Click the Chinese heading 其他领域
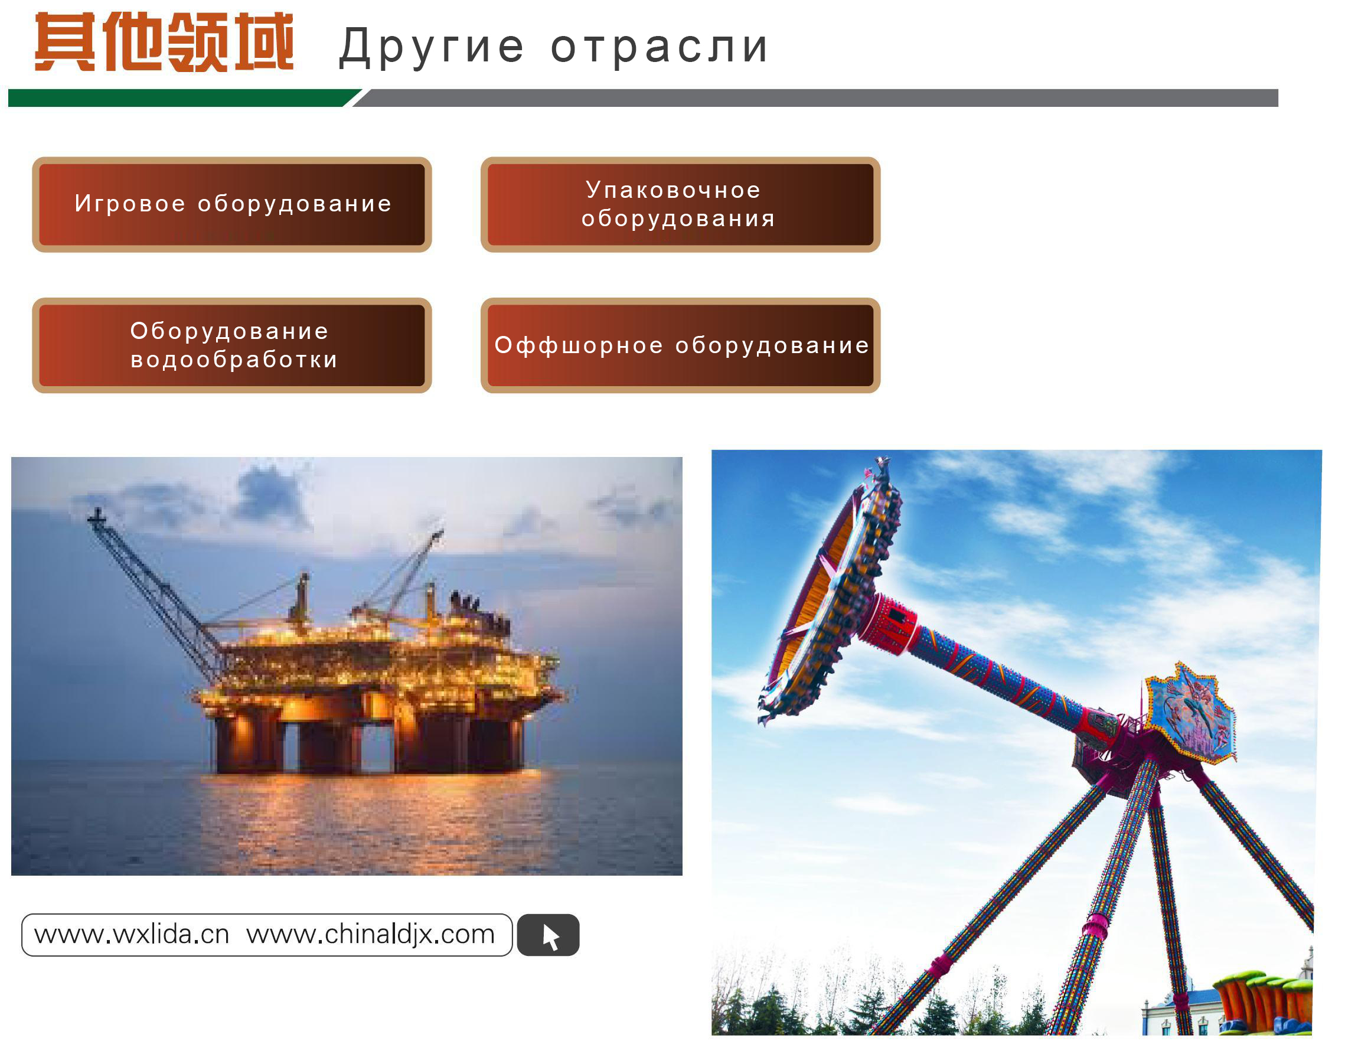pyautogui.click(x=164, y=42)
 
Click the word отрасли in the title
pyautogui.click(x=660, y=47)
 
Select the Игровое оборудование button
pyautogui.click(x=232, y=205)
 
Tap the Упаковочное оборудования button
pyautogui.click(x=680, y=205)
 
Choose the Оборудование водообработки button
pyautogui.click(x=232, y=345)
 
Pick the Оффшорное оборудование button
pyautogui.click(x=680, y=345)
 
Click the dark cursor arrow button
pyautogui.click(x=548, y=935)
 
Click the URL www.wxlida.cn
pyautogui.click(x=132, y=935)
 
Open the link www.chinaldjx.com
pyautogui.click(x=370, y=935)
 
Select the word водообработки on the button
pyautogui.click(x=234, y=360)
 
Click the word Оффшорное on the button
pyautogui.click(x=578, y=345)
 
